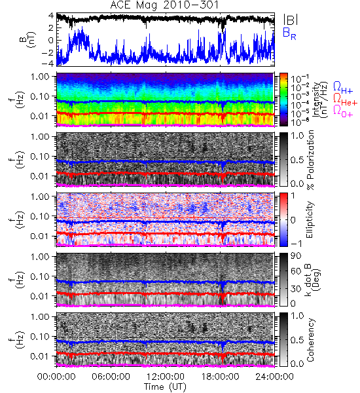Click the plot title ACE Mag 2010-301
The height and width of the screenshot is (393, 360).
(x=164, y=5)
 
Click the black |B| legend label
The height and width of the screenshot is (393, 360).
(x=291, y=20)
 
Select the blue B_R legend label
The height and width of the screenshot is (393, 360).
(x=289, y=33)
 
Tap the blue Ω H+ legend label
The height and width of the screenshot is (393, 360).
(x=343, y=88)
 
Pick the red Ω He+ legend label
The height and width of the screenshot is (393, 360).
(x=345, y=100)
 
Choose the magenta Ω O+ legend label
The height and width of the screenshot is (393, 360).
(x=343, y=111)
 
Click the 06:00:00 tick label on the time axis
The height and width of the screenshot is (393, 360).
(x=111, y=377)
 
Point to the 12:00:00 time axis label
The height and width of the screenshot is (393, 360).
(x=166, y=377)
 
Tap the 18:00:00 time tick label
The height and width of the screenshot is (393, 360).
(x=220, y=377)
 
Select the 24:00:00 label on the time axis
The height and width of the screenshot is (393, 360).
(x=274, y=377)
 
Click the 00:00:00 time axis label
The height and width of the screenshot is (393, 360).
(x=56, y=377)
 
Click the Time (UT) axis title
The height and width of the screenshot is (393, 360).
(x=166, y=386)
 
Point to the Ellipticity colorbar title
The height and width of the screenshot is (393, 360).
(x=310, y=220)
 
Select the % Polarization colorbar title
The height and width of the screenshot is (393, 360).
(x=310, y=160)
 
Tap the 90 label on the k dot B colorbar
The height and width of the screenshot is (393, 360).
(x=296, y=255)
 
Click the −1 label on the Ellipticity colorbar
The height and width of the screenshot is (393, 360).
(x=296, y=244)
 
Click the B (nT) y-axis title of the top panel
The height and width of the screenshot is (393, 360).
(x=29, y=40)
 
